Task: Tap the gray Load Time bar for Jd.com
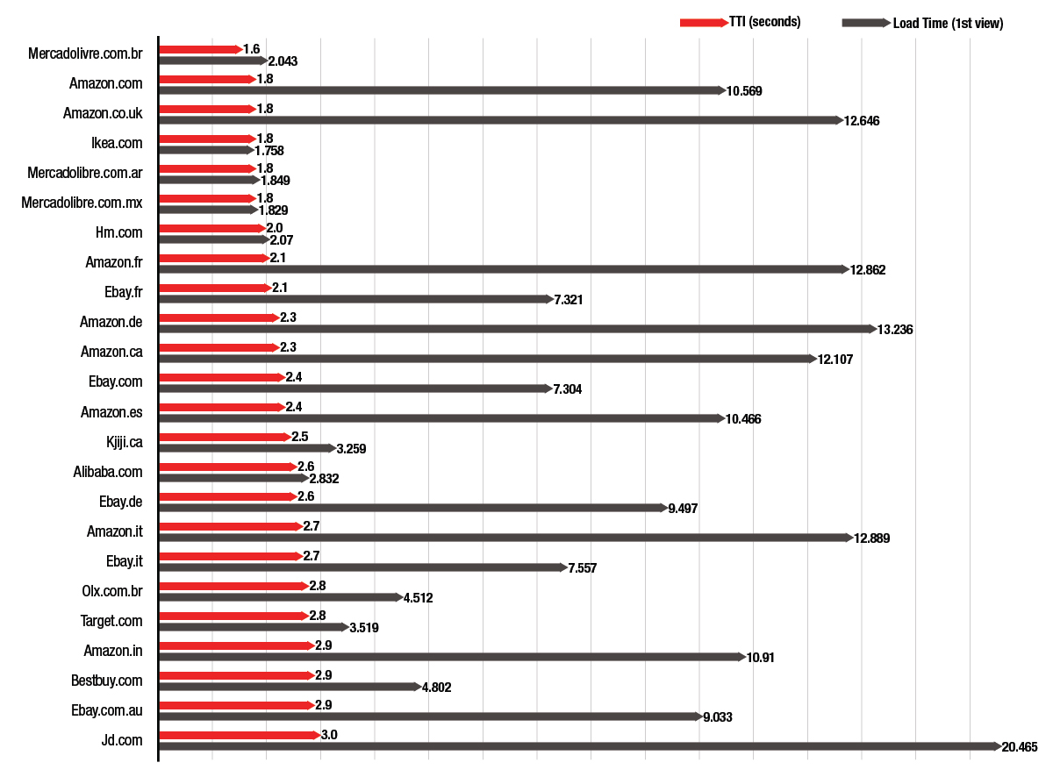[x=579, y=746]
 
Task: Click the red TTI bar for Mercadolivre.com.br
[x=200, y=49]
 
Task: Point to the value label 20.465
[x=1020, y=747]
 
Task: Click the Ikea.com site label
[x=116, y=142]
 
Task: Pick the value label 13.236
[x=895, y=330]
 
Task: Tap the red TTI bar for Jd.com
[x=239, y=735]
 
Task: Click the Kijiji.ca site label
[x=124, y=441]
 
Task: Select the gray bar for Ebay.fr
[x=355, y=299]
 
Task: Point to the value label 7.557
[x=582, y=568]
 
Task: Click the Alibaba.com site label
[x=108, y=472]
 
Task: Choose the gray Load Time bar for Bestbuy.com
[x=289, y=687]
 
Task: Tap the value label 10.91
[x=760, y=658]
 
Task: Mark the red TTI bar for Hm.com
[x=211, y=228]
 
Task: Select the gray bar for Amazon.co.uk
[x=500, y=120]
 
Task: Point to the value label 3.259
[x=351, y=449]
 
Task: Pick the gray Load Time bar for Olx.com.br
[x=280, y=597]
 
